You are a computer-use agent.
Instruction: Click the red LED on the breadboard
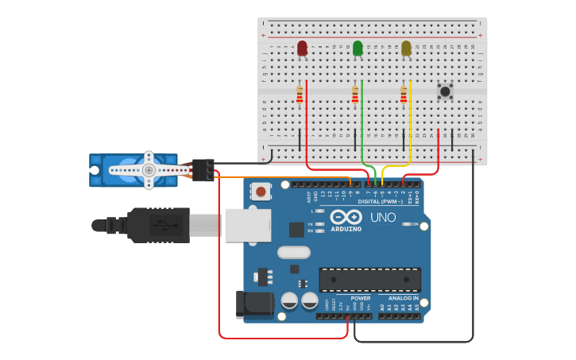point(302,48)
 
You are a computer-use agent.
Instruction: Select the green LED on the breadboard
point(358,48)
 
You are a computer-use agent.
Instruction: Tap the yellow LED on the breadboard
point(406,48)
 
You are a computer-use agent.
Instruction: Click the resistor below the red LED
point(300,95)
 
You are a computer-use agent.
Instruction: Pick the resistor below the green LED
point(355,95)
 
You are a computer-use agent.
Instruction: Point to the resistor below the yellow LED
point(403,95)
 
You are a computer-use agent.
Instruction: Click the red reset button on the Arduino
point(259,191)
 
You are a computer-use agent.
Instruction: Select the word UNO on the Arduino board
point(383,217)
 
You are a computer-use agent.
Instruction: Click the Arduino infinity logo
point(346,217)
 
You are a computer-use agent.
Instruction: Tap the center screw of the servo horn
point(148,170)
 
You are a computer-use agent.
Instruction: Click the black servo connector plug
point(203,170)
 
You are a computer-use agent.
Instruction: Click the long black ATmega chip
point(369,280)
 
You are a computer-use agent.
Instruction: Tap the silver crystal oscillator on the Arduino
point(293,253)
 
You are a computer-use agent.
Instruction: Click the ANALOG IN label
point(398,298)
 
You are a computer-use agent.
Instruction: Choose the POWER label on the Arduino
point(360,298)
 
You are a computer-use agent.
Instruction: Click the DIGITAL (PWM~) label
point(380,201)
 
